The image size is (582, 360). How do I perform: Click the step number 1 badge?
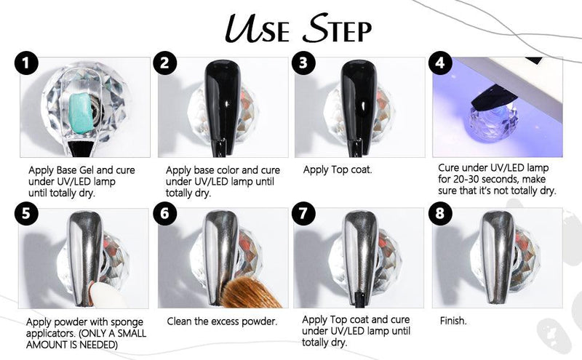coord(26,63)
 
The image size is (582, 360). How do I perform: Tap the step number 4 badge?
coord(440,63)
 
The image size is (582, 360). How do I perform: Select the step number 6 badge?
coord(165,213)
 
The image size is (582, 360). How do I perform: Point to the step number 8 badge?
coord(440,213)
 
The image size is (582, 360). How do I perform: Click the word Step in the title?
coord(337,28)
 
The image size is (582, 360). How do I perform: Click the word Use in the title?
coord(257,28)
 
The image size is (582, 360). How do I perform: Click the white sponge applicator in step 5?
coord(107,295)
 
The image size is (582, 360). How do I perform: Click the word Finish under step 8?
coord(453,321)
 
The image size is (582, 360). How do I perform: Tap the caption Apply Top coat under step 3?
coord(338,170)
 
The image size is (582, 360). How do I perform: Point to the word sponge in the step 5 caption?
coord(125,322)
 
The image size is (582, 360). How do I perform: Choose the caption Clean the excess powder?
coord(222,321)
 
